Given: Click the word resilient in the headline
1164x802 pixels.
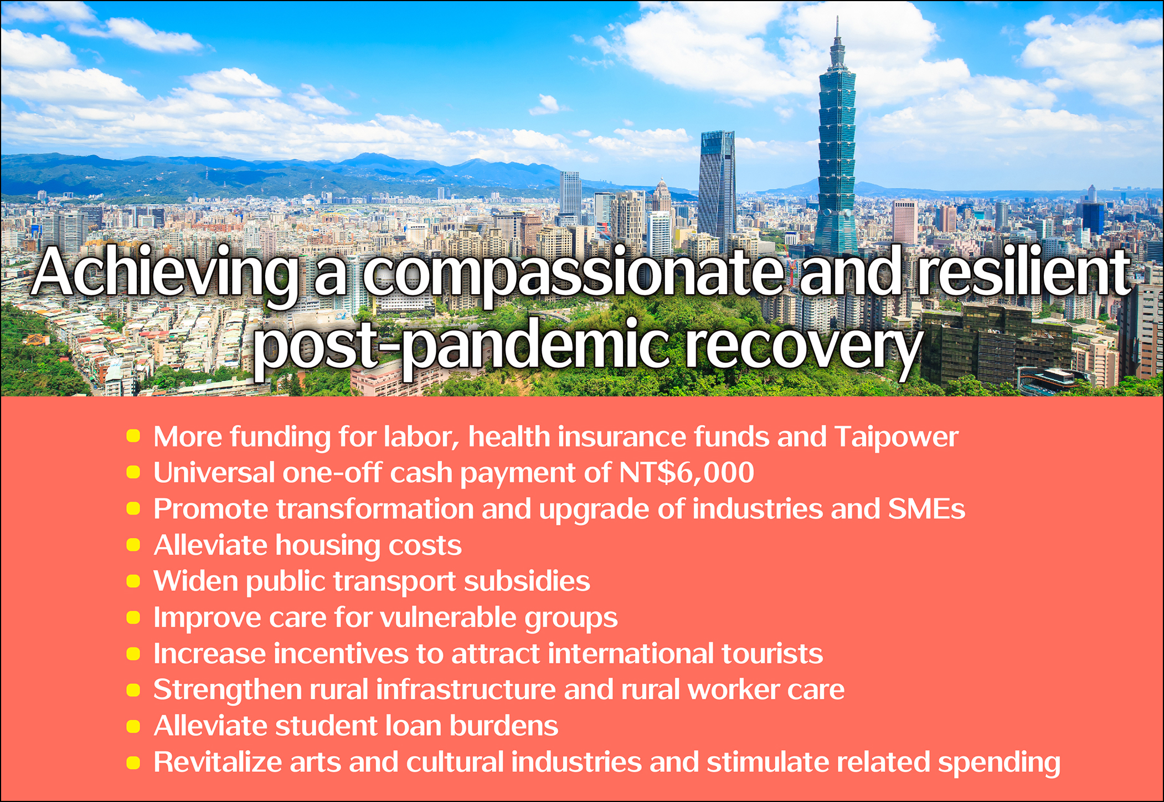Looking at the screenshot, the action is click(x=1024, y=271).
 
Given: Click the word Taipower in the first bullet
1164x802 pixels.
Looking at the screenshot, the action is click(x=896, y=438).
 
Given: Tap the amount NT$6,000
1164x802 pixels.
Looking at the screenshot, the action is click(x=687, y=473).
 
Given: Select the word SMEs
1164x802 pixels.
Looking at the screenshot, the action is click(x=926, y=509).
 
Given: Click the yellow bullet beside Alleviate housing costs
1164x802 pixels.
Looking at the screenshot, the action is click(x=133, y=545).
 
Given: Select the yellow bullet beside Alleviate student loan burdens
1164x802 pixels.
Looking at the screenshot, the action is click(x=133, y=726).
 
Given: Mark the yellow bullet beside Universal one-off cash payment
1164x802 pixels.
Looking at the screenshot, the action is click(x=133, y=472).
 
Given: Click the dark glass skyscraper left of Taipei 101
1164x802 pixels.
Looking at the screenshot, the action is click(x=717, y=188).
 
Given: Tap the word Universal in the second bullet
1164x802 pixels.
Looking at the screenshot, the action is click(x=214, y=473).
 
